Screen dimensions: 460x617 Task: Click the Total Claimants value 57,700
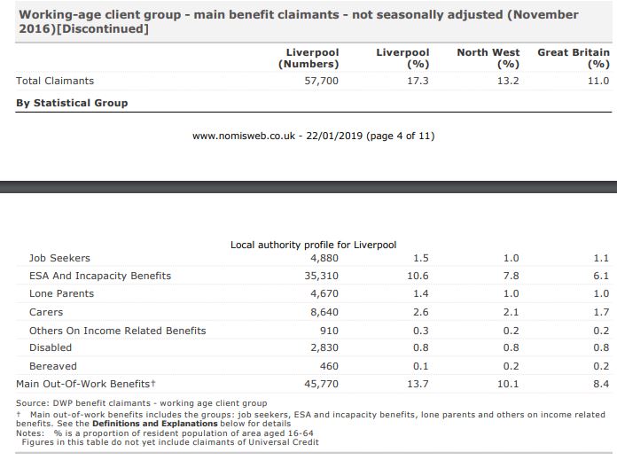click(321, 81)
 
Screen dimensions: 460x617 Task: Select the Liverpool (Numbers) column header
click(308, 58)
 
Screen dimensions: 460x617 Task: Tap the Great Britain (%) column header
click(574, 58)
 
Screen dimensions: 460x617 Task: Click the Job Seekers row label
click(59, 258)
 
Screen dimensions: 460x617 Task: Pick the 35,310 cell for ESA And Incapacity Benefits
click(321, 276)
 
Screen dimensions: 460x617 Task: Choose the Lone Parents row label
click(61, 293)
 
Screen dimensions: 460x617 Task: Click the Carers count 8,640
click(324, 312)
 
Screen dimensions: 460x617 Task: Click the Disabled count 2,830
click(324, 347)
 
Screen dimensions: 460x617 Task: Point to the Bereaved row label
click(52, 366)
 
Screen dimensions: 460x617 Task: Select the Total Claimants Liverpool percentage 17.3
click(418, 81)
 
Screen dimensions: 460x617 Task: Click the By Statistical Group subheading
click(72, 103)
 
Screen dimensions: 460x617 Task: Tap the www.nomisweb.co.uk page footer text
click(313, 136)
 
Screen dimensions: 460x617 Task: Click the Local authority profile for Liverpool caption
click(313, 244)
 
